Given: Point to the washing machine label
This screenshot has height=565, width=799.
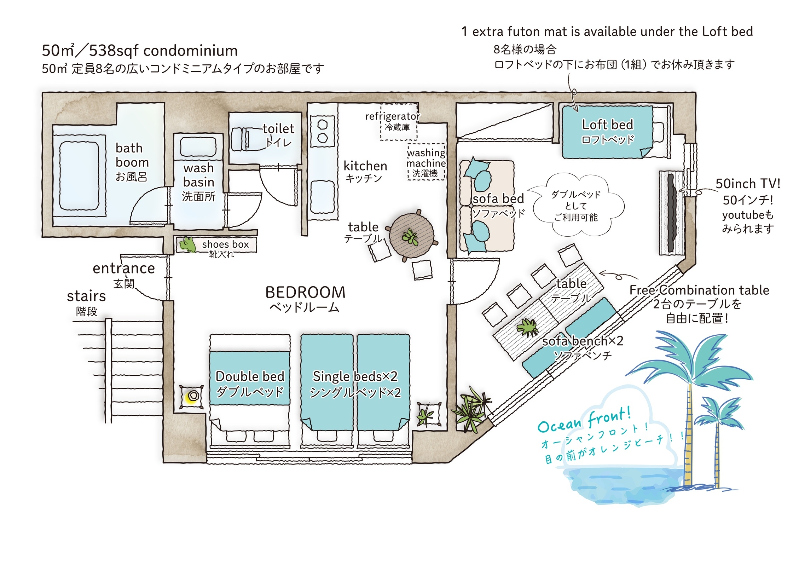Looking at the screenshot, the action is [426, 163].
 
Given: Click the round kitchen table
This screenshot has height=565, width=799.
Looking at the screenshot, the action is [411, 235].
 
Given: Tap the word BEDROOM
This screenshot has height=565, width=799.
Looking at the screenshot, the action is [305, 293].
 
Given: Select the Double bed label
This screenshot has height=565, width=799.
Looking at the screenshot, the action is [250, 376].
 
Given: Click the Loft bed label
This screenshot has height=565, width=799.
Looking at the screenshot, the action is [608, 125].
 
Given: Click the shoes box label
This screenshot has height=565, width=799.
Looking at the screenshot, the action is [225, 244].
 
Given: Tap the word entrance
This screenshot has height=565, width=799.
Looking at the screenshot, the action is [124, 269].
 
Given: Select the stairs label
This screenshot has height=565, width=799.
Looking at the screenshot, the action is [86, 296].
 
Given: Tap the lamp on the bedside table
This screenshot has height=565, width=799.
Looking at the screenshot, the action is [192, 396].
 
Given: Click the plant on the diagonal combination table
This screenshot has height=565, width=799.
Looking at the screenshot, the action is [528, 328].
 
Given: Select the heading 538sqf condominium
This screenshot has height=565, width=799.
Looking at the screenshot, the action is [163, 51].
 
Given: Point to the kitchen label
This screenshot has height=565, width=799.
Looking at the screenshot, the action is [365, 166].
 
